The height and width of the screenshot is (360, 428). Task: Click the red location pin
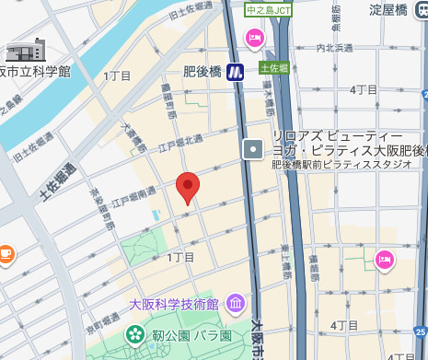coord(188,187)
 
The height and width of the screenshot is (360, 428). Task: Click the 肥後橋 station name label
coord(202,71)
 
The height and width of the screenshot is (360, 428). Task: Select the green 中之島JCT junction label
coord(269,10)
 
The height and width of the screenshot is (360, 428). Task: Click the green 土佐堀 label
coord(274,67)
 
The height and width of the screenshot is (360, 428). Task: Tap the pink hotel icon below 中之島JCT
coord(253,37)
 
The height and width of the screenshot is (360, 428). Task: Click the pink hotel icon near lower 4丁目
coord(383,261)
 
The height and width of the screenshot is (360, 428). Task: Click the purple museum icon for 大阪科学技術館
coord(236,303)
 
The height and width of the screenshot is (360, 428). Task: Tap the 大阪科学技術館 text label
coord(173,304)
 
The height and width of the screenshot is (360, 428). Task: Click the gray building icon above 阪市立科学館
coord(26,50)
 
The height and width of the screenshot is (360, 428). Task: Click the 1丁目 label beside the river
coord(118,75)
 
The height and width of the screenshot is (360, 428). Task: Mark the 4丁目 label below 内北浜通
coord(365,89)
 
